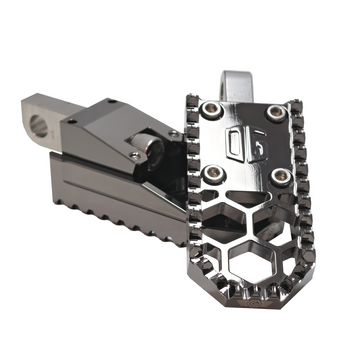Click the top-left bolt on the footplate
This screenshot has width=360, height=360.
click(x=212, y=108)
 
